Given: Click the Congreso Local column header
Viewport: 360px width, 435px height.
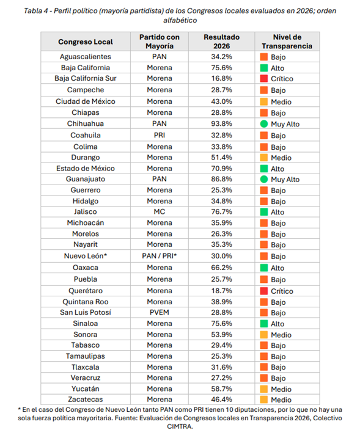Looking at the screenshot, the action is click(86, 42).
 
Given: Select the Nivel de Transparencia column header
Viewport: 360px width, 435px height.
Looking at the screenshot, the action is click(287, 42).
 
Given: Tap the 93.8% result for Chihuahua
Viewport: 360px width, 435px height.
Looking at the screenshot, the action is click(221, 123).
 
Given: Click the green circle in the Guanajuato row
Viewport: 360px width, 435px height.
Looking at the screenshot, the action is click(264, 179).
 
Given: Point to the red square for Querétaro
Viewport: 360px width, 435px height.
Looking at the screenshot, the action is click(264, 291).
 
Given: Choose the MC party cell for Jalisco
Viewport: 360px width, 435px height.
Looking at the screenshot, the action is click(160, 211).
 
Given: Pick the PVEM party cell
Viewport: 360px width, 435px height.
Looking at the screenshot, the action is click(160, 312).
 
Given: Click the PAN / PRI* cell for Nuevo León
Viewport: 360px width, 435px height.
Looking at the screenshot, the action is click(160, 256).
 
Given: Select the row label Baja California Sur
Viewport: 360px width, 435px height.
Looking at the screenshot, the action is click(86, 78).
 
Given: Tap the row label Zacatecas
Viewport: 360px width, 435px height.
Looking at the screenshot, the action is click(86, 399).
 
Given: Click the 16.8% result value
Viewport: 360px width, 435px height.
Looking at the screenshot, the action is click(221, 78).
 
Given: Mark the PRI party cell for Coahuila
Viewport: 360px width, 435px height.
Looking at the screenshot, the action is click(160, 135).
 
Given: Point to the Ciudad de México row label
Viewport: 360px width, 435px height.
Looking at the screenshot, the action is click(86, 101).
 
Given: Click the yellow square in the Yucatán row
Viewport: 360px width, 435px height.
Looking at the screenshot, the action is click(264, 389).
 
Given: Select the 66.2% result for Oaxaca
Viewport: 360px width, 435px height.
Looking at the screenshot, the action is click(221, 268).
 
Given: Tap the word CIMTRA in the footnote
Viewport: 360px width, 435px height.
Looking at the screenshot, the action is click(180, 426).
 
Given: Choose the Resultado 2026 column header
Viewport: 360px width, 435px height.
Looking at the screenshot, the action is click(221, 42).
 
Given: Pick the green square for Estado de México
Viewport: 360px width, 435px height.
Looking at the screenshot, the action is click(264, 169).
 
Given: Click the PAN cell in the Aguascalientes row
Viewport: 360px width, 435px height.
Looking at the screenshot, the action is click(160, 57).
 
